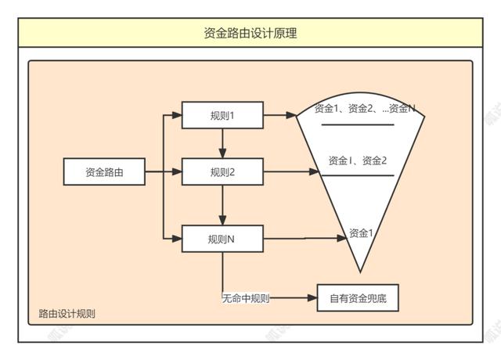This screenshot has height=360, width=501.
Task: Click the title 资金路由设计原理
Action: (250, 33)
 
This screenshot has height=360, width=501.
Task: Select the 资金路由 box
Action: (104, 172)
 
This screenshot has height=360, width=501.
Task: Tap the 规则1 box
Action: (223, 116)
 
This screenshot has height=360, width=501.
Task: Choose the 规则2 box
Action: (223, 172)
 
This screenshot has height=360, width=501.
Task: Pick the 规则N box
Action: (223, 239)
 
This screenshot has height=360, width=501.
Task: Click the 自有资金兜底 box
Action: (354, 299)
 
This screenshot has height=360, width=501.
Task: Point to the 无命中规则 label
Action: (246, 298)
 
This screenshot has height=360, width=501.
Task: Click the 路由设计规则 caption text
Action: (67, 315)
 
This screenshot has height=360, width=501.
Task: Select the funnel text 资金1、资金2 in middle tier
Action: (358, 160)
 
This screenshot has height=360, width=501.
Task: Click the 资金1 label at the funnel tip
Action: (360, 232)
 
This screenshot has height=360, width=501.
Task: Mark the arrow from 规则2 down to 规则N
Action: (223, 205)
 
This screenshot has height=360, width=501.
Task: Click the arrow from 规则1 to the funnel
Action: (280, 116)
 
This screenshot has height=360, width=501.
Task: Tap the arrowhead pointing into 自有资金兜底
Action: (311, 298)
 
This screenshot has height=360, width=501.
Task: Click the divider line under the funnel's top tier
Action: (357, 124)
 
